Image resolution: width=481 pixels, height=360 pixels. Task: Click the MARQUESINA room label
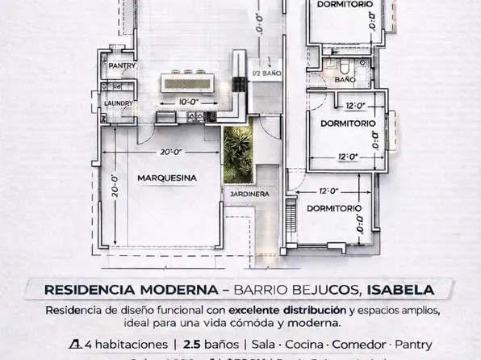click(x=167, y=178)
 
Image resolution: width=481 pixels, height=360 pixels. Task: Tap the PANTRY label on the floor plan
click(x=122, y=66)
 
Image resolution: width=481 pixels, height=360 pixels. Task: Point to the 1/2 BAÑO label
click(x=266, y=73)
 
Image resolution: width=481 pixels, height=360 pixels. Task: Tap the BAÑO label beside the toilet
click(x=345, y=81)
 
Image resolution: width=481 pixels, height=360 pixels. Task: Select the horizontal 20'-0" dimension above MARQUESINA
click(x=170, y=151)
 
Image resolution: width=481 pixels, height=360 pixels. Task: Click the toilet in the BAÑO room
click(x=342, y=65)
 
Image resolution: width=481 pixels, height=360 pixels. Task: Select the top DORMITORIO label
click(x=345, y=5)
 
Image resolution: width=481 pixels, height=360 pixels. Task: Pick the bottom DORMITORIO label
click(x=333, y=208)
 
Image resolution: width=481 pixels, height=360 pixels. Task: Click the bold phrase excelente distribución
click(x=298, y=311)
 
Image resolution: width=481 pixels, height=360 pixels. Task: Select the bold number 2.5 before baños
click(x=192, y=344)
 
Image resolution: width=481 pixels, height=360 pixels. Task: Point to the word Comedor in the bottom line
click(x=360, y=344)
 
